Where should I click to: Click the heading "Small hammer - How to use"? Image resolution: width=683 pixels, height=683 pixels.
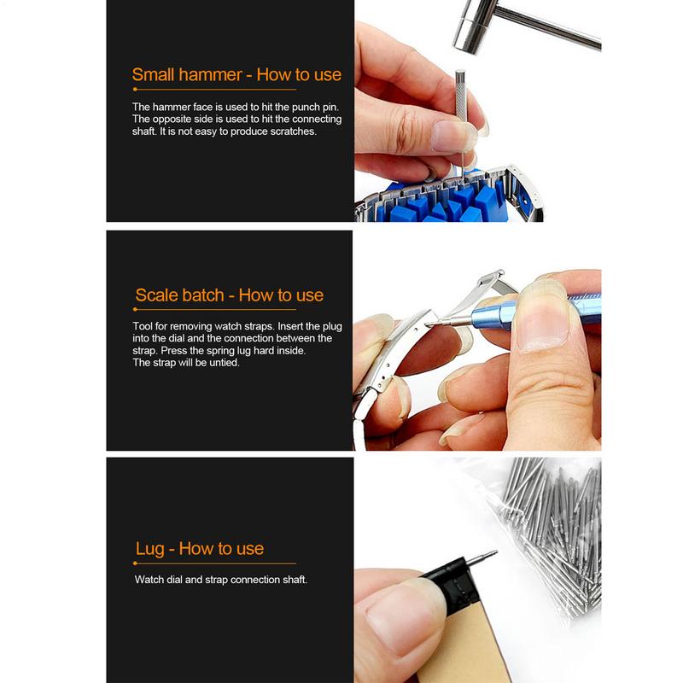point(236,74)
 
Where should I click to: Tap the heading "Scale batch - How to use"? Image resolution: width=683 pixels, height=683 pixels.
point(230,295)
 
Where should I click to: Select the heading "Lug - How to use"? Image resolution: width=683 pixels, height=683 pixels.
point(200,548)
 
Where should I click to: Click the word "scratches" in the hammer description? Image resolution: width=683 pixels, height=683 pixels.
point(293,131)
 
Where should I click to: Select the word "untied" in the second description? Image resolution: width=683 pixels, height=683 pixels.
point(223,362)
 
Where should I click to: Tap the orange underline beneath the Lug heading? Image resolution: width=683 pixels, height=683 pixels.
point(215,563)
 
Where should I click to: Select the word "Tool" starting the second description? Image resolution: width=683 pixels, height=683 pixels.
point(143,326)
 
